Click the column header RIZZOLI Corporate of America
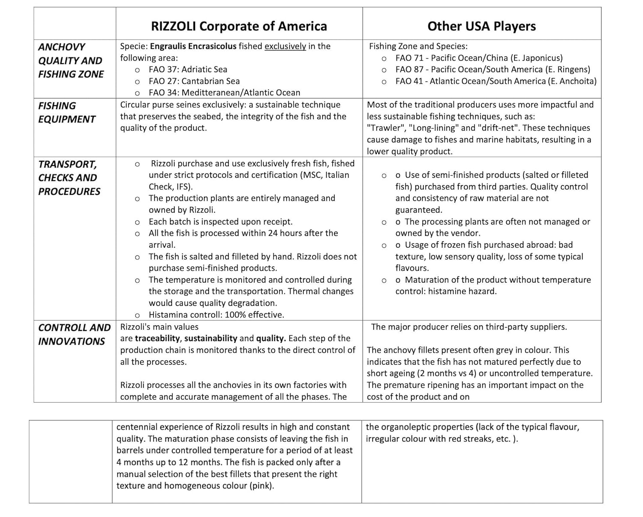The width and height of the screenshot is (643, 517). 239,26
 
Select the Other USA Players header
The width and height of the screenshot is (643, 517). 481,26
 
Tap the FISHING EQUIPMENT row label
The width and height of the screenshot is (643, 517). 66,112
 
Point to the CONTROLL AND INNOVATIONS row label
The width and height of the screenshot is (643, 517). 74,334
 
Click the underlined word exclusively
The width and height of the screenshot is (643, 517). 285,46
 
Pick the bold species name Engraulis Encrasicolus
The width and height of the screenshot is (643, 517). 193,46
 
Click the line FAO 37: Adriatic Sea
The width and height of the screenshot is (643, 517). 188,69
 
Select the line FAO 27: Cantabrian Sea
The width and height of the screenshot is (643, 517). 194,81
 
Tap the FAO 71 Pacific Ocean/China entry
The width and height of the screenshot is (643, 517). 479,58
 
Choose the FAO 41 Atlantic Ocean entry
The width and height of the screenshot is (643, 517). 496,81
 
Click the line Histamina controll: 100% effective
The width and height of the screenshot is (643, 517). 216,315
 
